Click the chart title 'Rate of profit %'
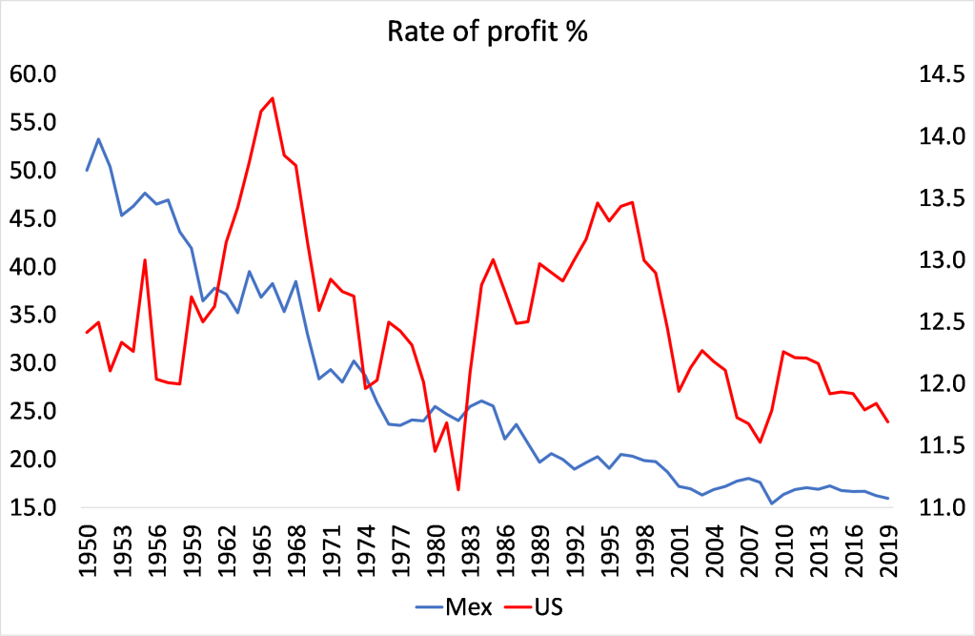tap(487, 31)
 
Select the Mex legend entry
tap(454, 606)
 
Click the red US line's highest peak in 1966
tap(273, 98)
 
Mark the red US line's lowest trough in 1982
tap(458, 490)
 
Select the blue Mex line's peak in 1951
tap(98, 139)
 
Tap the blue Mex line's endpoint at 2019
tap(888, 498)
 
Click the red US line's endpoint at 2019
tap(888, 421)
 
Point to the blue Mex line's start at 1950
tap(87, 171)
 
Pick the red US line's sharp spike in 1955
tap(145, 259)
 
